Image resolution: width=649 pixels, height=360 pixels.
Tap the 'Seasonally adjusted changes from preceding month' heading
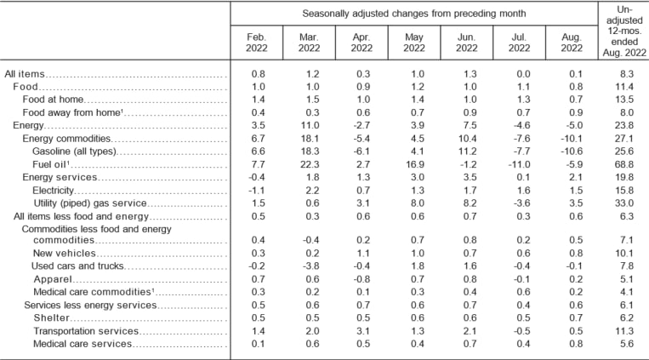413,14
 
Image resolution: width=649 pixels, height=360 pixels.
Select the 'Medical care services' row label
83,343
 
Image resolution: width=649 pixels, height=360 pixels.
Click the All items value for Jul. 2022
518,75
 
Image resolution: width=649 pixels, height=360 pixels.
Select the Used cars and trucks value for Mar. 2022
310,266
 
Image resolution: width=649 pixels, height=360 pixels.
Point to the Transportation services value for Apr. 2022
362,330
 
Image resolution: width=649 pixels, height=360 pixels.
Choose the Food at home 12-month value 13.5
623,100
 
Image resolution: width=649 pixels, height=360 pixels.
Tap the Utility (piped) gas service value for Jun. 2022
466,203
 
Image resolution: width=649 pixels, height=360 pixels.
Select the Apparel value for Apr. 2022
362,279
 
